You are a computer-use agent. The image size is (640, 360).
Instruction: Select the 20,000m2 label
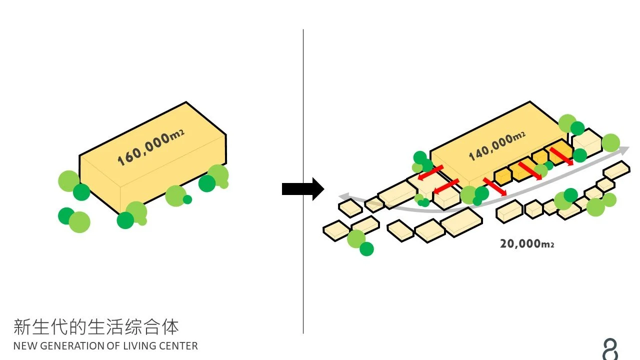click(527, 244)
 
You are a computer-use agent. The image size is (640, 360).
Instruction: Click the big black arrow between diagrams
click(303, 189)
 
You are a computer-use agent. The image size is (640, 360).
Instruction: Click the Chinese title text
click(96, 327)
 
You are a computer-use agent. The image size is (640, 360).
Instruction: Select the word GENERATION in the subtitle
click(70, 346)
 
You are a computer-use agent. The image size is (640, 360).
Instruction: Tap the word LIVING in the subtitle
click(138, 346)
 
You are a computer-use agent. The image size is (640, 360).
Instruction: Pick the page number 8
click(610, 349)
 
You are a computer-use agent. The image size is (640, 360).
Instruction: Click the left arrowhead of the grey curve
click(343, 195)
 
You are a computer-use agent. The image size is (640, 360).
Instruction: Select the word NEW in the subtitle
click(23, 346)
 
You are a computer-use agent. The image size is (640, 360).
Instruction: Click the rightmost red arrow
click(561, 155)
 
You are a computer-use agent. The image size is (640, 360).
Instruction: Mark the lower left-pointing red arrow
click(446, 186)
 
